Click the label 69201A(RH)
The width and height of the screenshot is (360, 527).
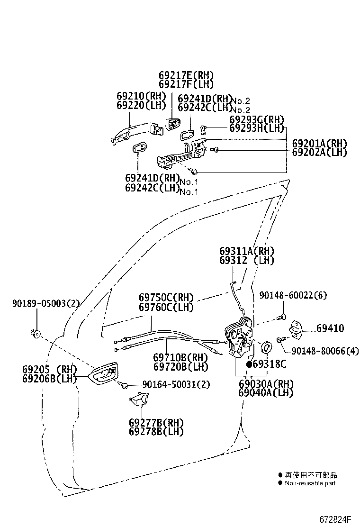pyautogui.click(x=319, y=144)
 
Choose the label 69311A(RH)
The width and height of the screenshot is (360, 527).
pyautogui.click(x=247, y=251)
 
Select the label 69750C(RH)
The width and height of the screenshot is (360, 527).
pyautogui.click(x=166, y=298)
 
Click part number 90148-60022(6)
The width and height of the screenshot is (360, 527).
pyautogui.click(x=293, y=296)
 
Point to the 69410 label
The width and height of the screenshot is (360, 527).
pyautogui.click(x=330, y=328)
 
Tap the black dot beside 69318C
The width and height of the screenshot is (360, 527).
pyautogui.click(x=249, y=364)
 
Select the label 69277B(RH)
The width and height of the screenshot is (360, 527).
pyautogui.click(x=156, y=422)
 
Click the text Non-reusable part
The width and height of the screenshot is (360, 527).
pyautogui.click(x=310, y=483)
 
